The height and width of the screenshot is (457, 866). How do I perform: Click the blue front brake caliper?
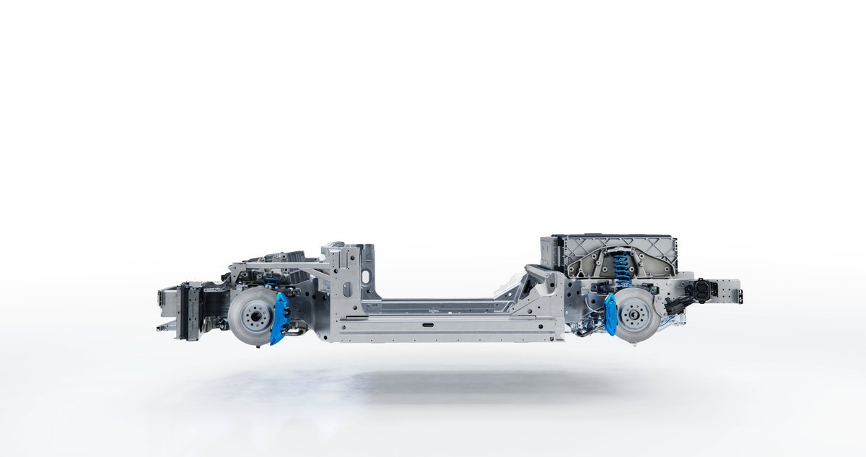point(279,318)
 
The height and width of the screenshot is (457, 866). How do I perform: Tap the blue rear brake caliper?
point(611,314)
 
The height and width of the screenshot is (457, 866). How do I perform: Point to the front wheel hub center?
point(252,316)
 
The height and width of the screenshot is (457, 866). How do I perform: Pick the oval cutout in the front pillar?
point(366,277)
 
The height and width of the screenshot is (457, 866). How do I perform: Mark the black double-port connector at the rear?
point(701,290)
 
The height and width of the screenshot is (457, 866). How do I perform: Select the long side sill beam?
point(447,329)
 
